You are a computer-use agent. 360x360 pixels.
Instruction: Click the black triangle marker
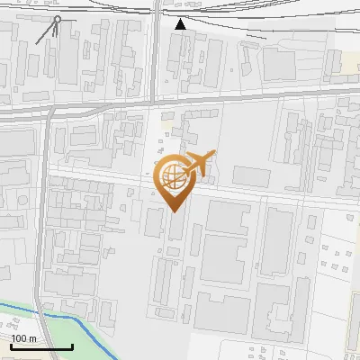181,24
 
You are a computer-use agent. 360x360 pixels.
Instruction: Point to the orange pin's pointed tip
174,211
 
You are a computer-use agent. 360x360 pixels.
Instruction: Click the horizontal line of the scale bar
41,346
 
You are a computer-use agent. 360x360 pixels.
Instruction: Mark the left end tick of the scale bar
10,345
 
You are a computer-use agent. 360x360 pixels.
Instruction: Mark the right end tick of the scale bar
73,345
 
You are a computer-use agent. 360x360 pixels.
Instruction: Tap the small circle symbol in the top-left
58,19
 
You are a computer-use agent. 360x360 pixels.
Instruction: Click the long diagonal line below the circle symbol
46,34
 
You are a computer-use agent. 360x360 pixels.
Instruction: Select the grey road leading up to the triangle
157,54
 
